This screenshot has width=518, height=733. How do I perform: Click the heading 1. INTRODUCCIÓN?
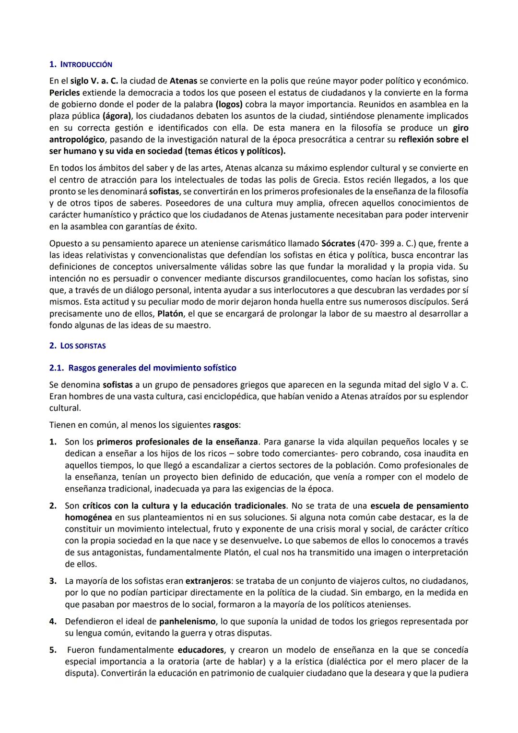click(x=81, y=64)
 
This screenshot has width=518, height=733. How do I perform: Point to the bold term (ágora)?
click(x=117, y=116)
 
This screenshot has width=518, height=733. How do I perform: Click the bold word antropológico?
click(x=77, y=139)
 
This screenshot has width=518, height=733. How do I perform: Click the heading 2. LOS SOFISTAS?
click(x=77, y=346)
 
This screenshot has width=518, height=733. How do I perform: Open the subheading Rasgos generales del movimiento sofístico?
click(x=152, y=368)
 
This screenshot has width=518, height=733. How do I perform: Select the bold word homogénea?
click(x=88, y=517)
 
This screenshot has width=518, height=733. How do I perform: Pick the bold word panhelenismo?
click(x=188, y=622)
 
